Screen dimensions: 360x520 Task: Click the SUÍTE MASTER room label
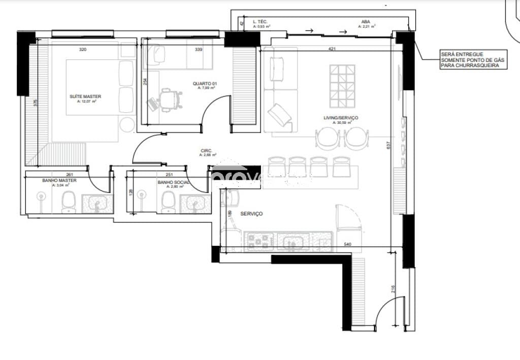tap(85, 96)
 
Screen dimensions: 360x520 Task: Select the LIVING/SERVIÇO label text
tap(341, 118)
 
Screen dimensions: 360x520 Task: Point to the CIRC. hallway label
tap(207, 151)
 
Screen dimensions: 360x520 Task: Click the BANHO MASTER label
tap(59, 180)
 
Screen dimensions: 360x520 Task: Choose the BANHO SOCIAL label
tap(173, 182)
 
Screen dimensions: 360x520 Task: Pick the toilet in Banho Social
tap(168, 204)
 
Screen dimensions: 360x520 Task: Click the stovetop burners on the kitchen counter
tap(260, 242)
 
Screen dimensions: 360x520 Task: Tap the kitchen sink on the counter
tap(293, 242)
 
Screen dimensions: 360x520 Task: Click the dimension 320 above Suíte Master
tap(83, 50)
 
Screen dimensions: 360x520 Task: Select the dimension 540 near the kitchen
tap(348, 245)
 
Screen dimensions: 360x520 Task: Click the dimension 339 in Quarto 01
tap(199, 50)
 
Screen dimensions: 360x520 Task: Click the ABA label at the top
tap(365, 22)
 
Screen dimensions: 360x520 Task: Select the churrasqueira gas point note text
tap(472, 60)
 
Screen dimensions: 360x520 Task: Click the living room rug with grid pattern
tap(342, 83)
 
